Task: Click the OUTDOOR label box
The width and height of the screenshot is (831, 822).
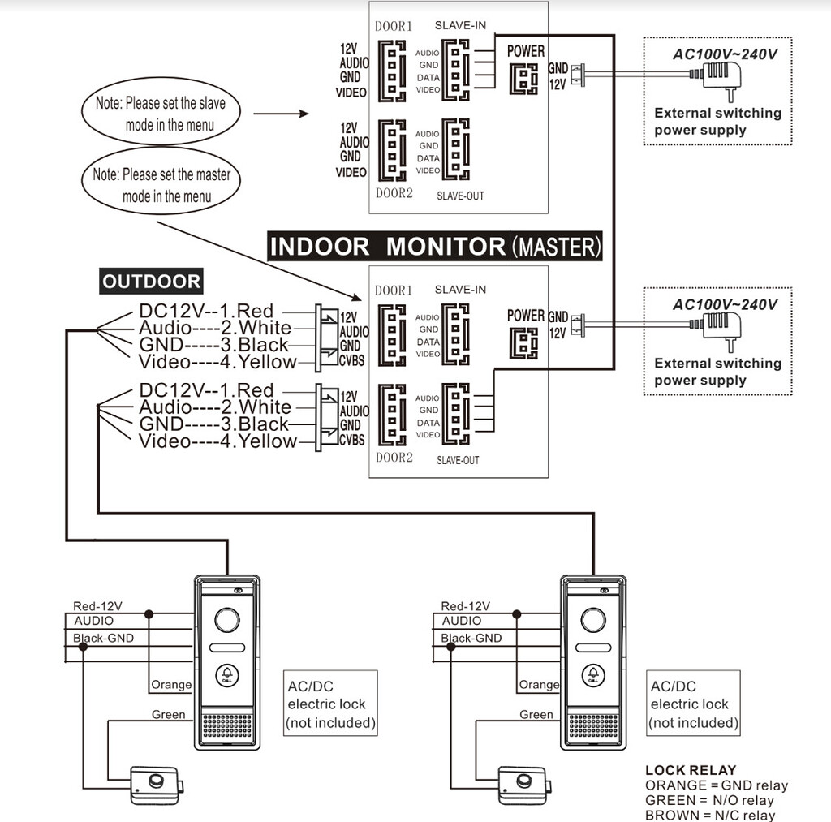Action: coord(151,282)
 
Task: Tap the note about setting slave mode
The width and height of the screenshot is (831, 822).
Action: coord(161,114)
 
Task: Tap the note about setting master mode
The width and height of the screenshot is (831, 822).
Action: coord(161,185)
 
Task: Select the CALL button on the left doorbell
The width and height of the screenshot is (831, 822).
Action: coord(227,675)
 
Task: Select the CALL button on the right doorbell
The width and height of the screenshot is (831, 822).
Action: coord(594,675)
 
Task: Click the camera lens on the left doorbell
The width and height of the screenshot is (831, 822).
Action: coord(227,622)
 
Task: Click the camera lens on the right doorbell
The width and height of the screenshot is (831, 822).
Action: coord(594,622)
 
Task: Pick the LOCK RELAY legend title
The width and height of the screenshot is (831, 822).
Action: coord(691,770)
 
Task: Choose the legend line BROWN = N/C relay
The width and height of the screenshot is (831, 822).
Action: coord(710,815)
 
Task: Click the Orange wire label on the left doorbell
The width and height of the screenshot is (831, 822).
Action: coord(171,685)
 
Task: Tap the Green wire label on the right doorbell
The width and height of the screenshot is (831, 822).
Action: coord(536,715)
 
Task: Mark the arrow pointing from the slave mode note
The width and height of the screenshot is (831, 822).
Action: coord(282,114)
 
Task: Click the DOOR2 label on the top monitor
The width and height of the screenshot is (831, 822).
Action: coord(394,193)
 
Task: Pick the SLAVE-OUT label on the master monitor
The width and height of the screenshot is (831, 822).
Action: coord(458,460)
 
